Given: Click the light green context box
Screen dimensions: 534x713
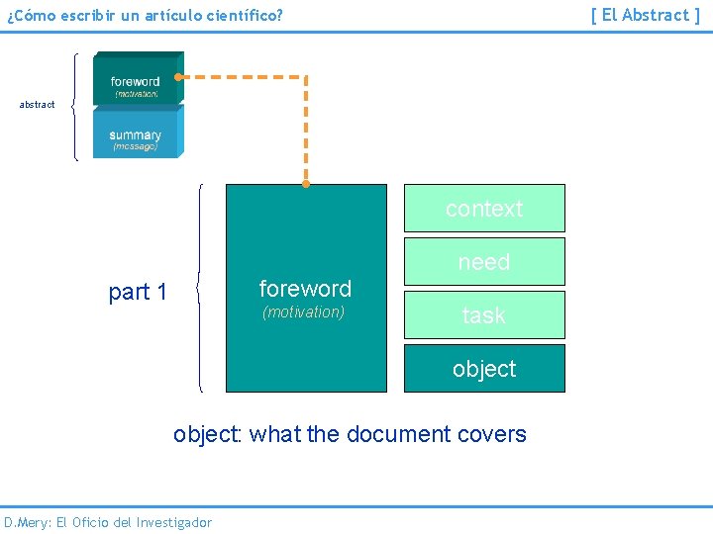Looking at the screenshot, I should pyautogui.click(x=484, y=209).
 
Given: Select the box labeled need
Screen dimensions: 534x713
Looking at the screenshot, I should pyautogui.click(x=484, y=262).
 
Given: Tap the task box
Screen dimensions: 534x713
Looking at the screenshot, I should pyautogui.click(x=484, y=315).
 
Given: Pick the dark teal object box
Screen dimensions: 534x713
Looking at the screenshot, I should pyautogui.click(x=484, y=369).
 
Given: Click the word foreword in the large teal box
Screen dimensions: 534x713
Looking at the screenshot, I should pyautogui.click(x=305, y=289).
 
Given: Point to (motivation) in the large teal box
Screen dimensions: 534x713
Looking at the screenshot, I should pyautogui.click(x=303, y=312).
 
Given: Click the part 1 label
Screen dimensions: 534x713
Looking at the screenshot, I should pyautogui.click(x=138, y=292).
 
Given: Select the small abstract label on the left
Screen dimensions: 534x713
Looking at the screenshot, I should pyautogui.click(x=38, y=105).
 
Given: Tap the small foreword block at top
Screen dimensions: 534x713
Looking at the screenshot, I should pyautogui.click(x=136, y=79).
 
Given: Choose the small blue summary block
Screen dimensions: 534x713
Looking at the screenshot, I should pyautogui.click(x=136, y=134).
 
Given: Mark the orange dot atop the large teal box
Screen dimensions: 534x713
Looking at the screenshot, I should pyautogui.click(x=305, y=184).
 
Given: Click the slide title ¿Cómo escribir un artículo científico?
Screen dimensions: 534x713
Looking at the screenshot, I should pyautogui.click(x=145, y=16).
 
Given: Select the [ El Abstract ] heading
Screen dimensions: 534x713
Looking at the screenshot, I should pyautogui.click(x=646, y=15).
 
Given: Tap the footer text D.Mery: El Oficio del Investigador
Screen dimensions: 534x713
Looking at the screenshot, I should pyautogui.click(x=108, y=522).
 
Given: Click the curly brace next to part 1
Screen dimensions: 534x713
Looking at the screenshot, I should pyautogui.click(x=201, y=289).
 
